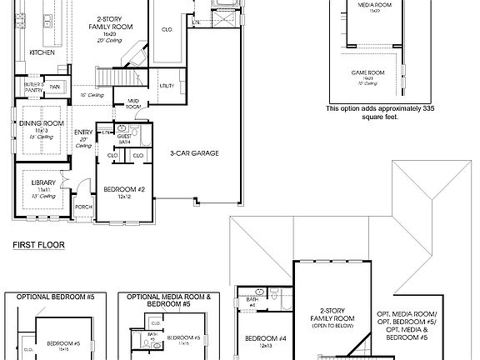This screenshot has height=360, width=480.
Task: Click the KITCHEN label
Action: (x=42, y=52)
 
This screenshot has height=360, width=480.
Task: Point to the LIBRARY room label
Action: (x=42, y=182)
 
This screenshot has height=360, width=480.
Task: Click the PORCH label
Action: (x=83, y=207)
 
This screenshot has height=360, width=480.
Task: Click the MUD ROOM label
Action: (x=133, y=105)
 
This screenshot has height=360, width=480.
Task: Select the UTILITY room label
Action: (x=167, y=86)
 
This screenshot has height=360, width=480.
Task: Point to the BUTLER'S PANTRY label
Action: (x=33, y=87)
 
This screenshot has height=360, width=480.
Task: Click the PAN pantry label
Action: (x=55, y=87)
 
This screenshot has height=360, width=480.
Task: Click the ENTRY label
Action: (x=83, y=132)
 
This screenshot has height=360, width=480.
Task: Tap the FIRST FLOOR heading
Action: (x=38, y=246)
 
